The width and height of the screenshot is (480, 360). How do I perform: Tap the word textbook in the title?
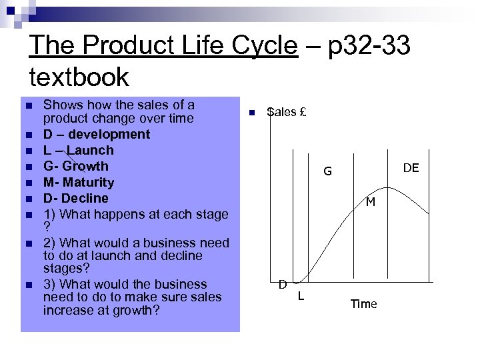[79, 77]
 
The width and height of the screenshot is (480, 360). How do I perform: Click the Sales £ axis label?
[286, 112]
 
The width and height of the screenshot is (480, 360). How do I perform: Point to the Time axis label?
[363, 304]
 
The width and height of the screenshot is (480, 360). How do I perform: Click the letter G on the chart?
[327, 172]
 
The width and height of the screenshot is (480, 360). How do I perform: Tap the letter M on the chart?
[370, 201]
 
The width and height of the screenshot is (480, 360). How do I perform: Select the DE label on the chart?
[411, 168]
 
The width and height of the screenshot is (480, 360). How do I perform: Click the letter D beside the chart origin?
[283, 285]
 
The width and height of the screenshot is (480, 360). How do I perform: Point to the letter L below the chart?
[301, 295]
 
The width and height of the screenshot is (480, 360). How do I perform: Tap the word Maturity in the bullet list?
[89, 182]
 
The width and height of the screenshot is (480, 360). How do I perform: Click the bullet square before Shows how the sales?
[27, 106]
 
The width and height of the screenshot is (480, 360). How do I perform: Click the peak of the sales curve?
[395, 189]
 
